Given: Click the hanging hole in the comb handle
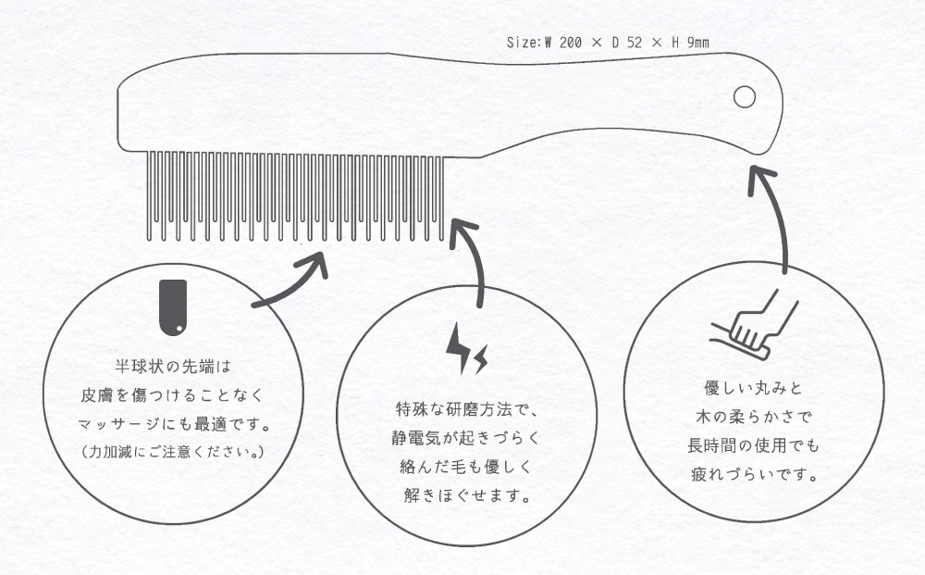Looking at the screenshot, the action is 745,97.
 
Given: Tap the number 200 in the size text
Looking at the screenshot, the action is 571,43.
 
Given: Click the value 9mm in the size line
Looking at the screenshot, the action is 697,43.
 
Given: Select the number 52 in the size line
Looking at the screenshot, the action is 635,43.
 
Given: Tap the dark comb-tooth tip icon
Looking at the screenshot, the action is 173,307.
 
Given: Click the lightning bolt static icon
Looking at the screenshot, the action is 466,348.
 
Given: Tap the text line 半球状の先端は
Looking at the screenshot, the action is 173,367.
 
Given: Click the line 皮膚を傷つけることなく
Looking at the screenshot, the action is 172,395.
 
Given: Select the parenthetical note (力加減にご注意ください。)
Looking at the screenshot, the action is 172,452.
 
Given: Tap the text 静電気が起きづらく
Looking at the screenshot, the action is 466,438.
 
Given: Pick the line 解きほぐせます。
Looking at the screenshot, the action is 466,495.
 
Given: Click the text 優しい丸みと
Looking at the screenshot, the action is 753,388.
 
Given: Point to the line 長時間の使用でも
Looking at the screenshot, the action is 753,445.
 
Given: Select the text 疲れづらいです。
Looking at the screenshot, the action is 754,474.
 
